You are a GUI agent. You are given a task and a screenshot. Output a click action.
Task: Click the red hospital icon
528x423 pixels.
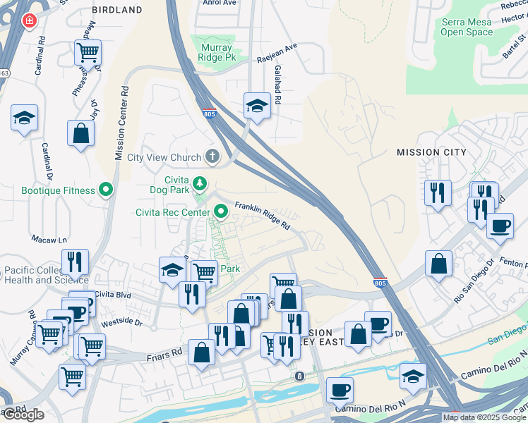click(29, 21)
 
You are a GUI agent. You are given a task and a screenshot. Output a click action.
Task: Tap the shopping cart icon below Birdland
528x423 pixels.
click(88, 51)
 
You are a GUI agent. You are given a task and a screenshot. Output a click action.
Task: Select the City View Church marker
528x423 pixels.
click(212, 157)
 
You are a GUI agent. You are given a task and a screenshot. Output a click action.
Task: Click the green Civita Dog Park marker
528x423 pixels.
click(200, 183)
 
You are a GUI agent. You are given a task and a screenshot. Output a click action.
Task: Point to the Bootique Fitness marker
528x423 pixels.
click(107, 190)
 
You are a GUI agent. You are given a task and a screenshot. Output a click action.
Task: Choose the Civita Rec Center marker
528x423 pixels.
click(222, 211)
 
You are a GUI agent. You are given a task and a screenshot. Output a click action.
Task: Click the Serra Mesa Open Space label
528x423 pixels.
click(467, 27)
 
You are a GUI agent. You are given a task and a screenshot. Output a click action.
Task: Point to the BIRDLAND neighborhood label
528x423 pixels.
click(117, 11)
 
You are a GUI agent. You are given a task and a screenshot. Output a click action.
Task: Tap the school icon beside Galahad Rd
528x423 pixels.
click(257, 106)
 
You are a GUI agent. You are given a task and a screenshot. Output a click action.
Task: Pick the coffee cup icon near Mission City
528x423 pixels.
click(500, 226)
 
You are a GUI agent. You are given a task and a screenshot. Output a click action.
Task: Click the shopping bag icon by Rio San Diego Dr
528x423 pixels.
click(438, 264)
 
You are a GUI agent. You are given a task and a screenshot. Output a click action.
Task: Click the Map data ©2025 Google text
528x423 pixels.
click(484, 417)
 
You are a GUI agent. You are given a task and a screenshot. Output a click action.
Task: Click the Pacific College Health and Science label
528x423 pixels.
click(48, 276)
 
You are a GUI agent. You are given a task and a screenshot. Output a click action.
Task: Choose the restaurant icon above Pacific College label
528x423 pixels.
click(74, 262)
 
